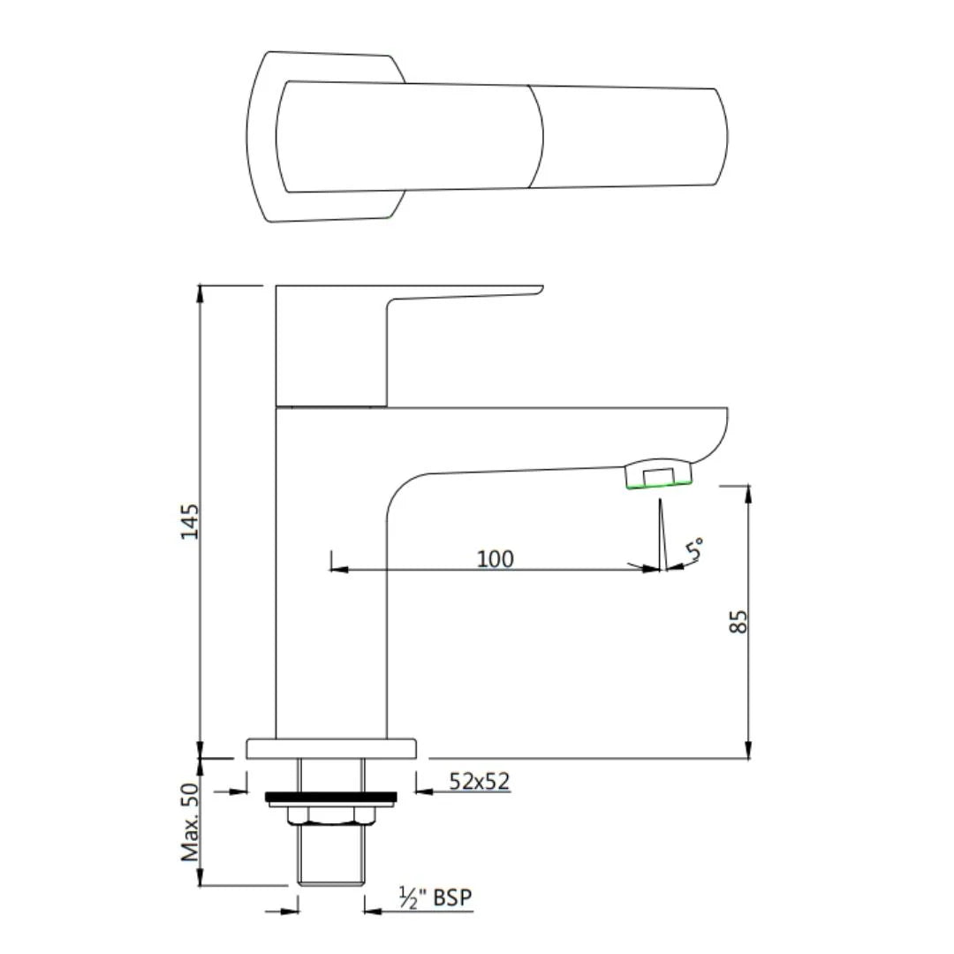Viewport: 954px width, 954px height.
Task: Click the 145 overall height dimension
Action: pos(190,521)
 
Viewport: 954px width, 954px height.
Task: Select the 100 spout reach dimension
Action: pos(495,558)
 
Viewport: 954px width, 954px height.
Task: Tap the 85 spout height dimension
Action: pos(740,620)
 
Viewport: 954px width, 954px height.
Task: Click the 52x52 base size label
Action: pos(480,781)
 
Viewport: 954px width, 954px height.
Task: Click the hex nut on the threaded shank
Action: pos(330,814)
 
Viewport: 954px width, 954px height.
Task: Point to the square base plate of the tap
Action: pos(330,749)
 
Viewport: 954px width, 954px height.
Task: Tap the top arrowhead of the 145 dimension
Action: pos(201,291)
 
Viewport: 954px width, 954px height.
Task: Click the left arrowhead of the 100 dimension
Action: pos(337,569)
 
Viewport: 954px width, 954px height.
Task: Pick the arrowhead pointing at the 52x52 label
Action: pos(422,791)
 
